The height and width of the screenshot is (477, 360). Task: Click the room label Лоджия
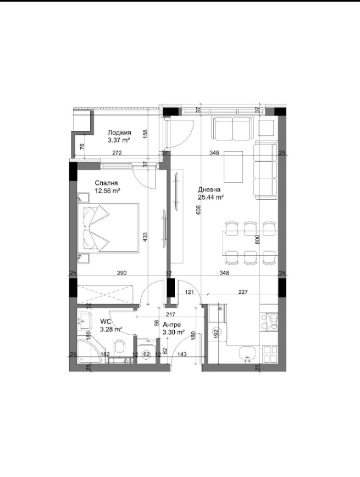point(119,132)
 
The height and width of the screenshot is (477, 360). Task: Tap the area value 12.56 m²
point(108,191)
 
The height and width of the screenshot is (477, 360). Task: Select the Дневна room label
point(209,190)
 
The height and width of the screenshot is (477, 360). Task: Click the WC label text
point(106,322)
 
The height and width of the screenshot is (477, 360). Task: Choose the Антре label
point(171,325)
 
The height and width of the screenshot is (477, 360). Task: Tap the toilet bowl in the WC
point(119,346)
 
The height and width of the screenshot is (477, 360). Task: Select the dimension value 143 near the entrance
point(181,355)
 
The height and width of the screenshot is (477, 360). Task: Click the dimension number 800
point(257,239)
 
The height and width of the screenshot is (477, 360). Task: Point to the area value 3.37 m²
point(119,140)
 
